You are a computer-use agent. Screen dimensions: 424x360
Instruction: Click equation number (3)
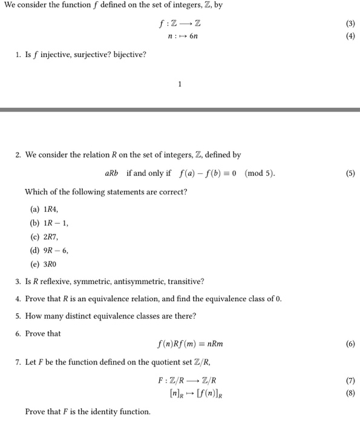[350, 24]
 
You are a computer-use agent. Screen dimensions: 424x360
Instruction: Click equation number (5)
[350, 173]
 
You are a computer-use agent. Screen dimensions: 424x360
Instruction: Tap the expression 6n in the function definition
[193, 36]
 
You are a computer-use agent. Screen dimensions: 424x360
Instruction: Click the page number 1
[180, 84]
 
